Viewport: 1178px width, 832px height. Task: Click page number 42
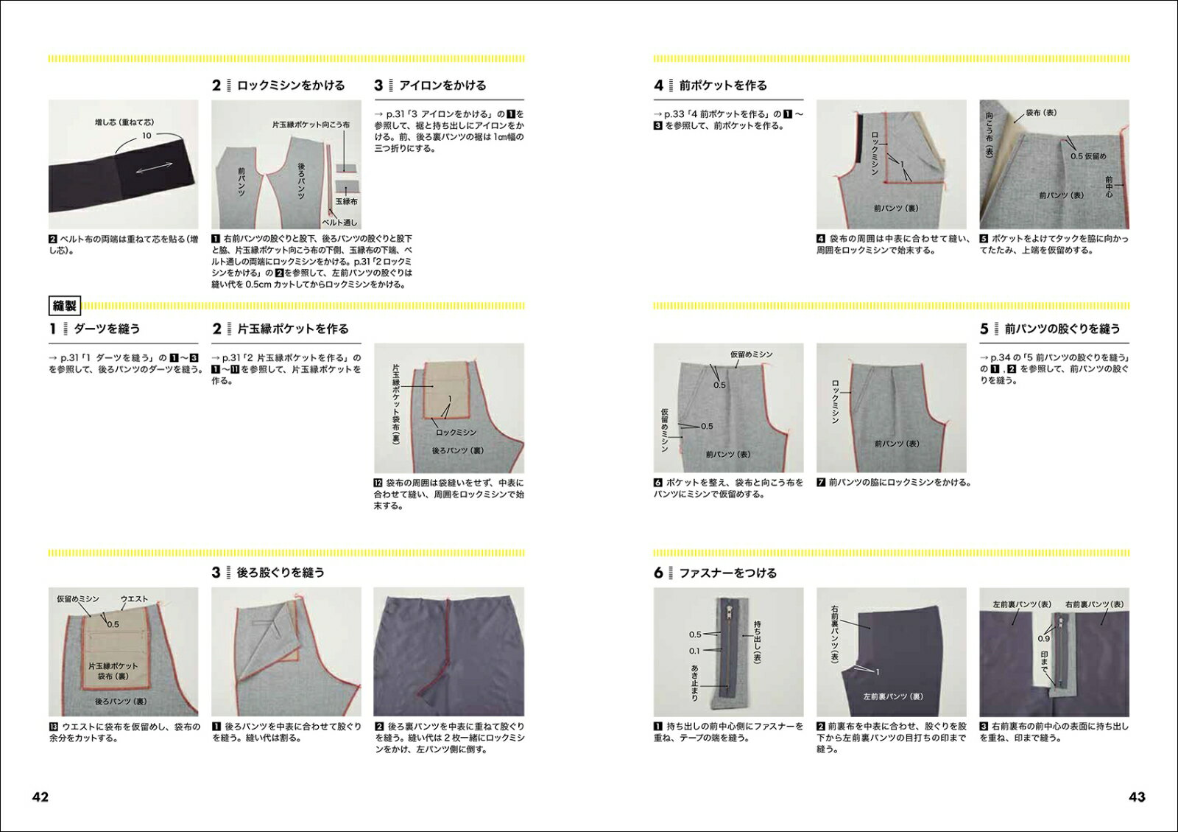click(x=40, y=797)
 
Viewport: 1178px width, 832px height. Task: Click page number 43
click(x=1137, y=797)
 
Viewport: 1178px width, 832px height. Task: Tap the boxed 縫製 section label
click(x=65, y=306)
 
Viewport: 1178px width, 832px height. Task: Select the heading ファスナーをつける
click(x=728, y=573)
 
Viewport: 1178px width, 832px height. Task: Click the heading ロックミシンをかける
click(x=291, y=85)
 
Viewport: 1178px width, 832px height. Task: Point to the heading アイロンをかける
click(x=442, y=85)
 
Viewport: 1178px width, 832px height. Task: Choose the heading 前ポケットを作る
click(x=723, y=85)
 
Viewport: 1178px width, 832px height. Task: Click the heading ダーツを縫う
click(x=107, y=329)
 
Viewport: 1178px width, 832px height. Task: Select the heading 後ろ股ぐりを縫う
click(x=281, y=573)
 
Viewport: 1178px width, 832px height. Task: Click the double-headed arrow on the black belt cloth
click(x=154, y=167)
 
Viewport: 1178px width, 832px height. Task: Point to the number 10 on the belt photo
click(x=147, y=136)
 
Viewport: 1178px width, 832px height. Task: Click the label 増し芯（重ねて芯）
click(x=124, y=122)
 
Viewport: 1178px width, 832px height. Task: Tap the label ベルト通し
click(x=339, y=223)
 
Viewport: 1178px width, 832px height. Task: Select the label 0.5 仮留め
click(x=1088, y=156)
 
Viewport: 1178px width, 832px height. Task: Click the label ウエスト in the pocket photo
click(x=134, y=599)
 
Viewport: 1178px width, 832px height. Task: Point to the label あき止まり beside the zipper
click(x=694, y=682)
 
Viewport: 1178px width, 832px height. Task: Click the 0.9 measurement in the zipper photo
click(x=1043, y=638)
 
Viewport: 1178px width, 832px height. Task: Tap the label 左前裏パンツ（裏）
click(x=893, y=696)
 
